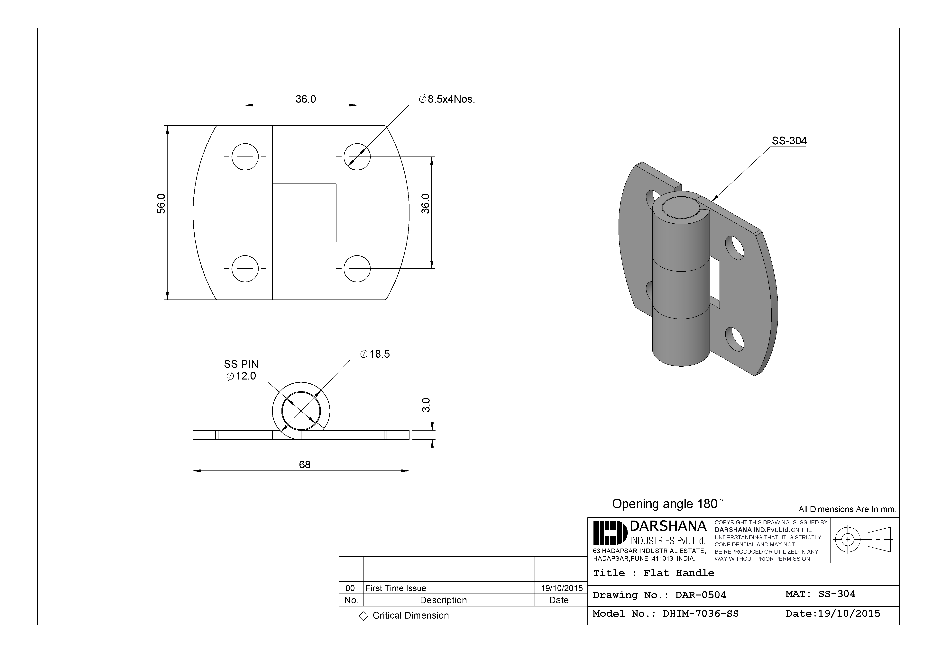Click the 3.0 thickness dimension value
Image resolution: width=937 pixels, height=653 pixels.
pos(426,405)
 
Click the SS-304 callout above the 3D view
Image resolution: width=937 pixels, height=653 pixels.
pos(789,141)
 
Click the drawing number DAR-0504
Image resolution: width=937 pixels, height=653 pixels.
pos(700,595)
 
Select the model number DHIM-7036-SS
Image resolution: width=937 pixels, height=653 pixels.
pos(700,614)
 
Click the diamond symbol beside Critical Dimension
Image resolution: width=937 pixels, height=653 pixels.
pos(363,616)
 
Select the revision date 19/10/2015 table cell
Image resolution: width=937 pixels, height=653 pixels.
pos(562,588)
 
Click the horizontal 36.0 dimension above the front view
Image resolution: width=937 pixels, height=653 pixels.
pos(306,99)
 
